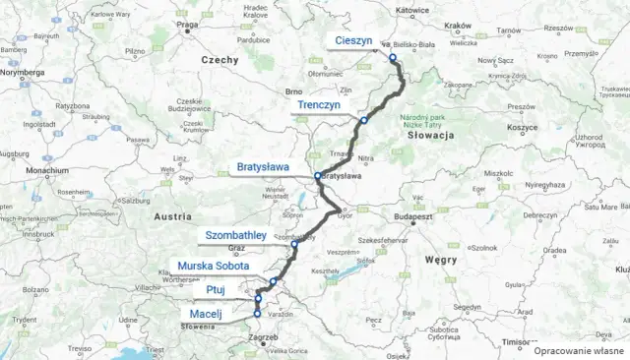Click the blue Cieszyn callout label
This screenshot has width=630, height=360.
352,40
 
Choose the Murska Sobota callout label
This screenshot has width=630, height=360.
213,266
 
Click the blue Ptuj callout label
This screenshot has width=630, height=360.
217,290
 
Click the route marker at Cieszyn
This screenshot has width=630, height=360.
392,57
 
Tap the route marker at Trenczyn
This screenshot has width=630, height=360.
363,120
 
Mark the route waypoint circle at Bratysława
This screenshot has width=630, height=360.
317,177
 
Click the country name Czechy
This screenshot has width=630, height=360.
220,60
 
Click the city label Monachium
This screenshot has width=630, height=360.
48,170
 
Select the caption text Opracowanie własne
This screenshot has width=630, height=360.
579,349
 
